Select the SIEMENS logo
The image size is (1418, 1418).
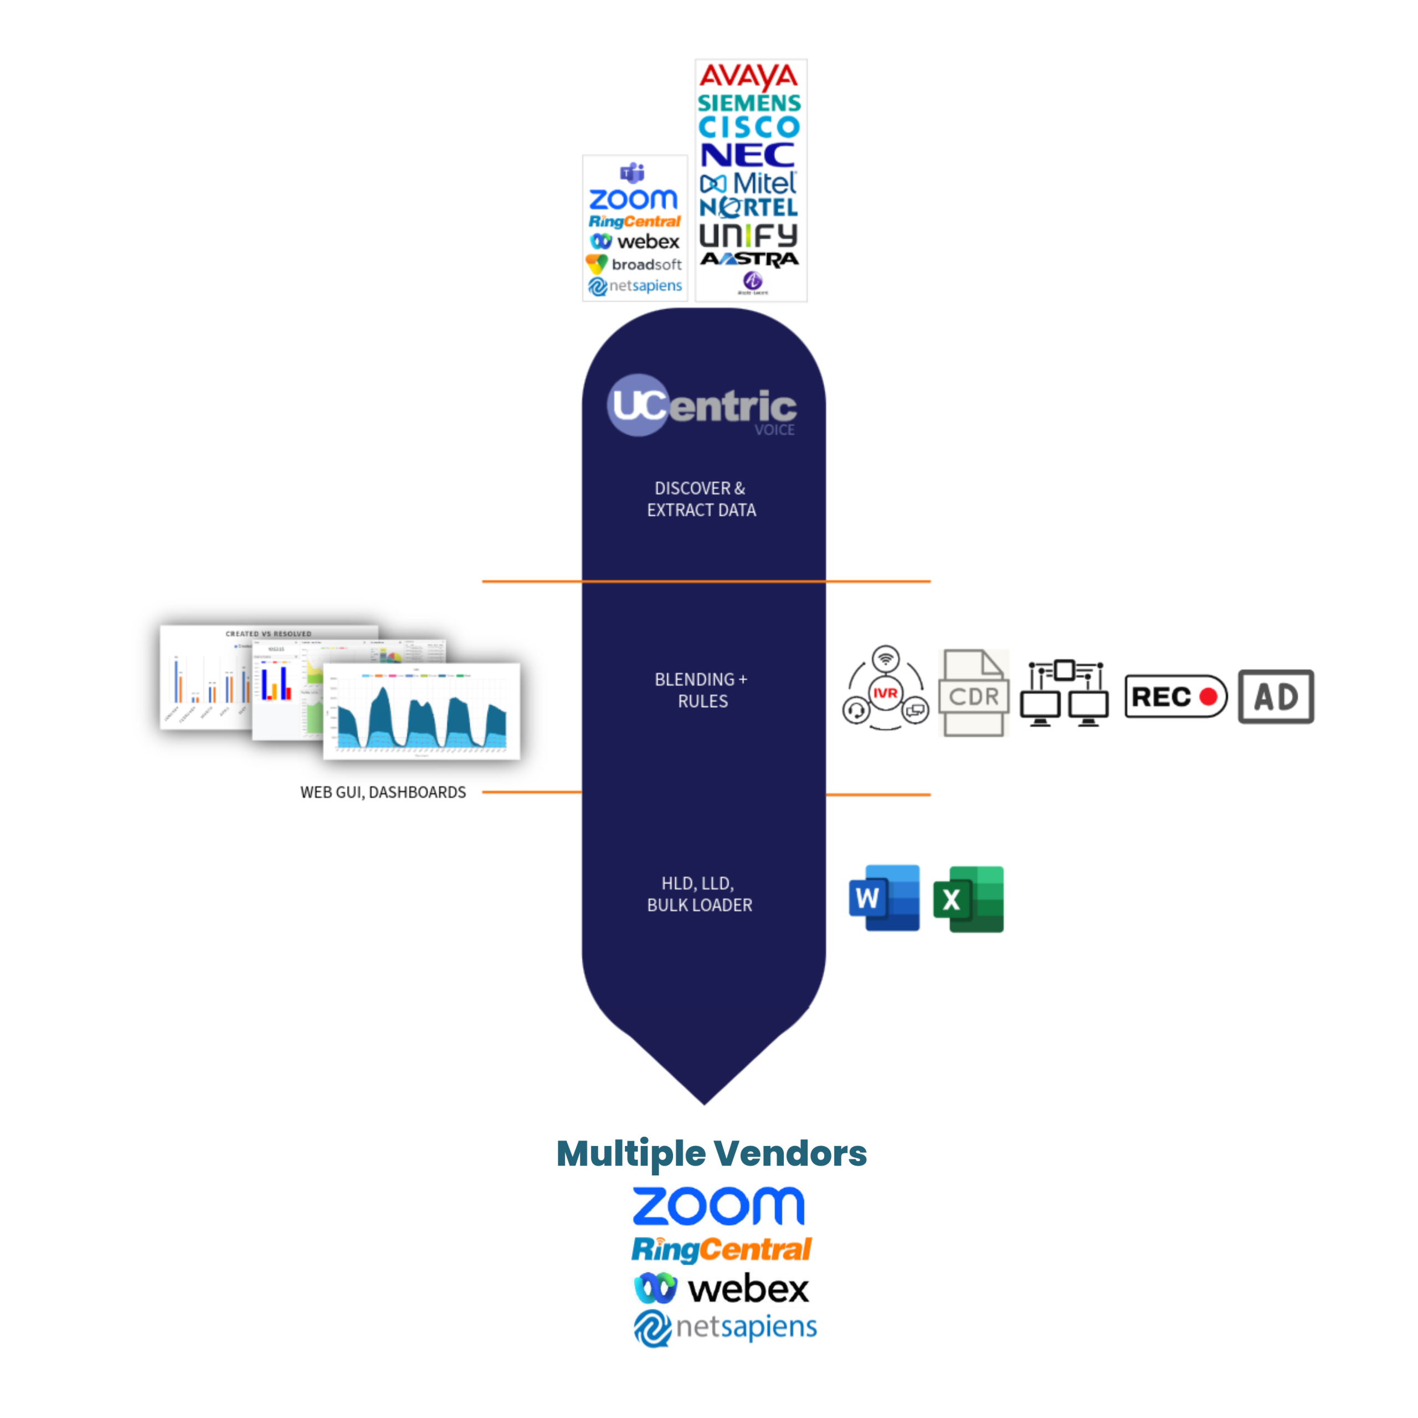pos(749,104)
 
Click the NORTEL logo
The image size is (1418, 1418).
pos(749,208)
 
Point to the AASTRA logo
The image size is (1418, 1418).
pos(749,259)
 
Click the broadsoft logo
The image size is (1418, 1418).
pos(635,264)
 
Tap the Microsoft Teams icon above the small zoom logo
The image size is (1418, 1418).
pos(633,174)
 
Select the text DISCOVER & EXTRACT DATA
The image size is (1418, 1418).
pos(701,499)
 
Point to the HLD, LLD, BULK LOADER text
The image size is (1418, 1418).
pos(700,894)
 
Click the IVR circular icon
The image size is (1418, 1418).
pos(885,690)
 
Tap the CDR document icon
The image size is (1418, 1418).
pos(973,693)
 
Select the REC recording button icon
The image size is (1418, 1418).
pos(1175,696)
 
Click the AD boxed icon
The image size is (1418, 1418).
pos(1276,696)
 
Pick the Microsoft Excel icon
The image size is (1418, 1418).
pos(968,899)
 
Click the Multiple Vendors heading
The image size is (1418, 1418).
pos(711,1153)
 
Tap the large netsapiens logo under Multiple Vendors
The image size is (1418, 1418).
pos(725,1328)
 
